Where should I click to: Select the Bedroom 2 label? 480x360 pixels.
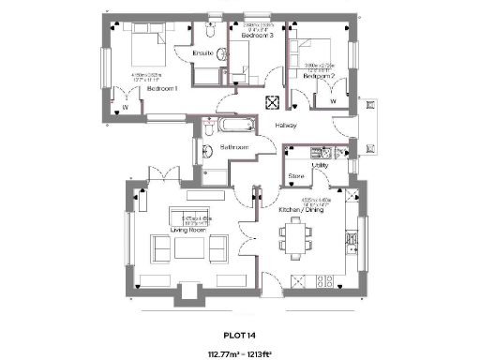click(x=319, y=74)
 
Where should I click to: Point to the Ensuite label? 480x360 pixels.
click(x=202, y=53)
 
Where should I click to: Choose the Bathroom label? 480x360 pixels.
click(x=233, y=148)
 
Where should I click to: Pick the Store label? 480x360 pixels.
click(x=296, y=175)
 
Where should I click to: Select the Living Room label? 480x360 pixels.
click(x=187, y=230)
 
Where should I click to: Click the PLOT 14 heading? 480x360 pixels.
click(x=239, y=332)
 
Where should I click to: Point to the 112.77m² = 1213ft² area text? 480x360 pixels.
click(x=239, y=354)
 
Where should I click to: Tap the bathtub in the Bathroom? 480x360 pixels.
click(x=232, y=124)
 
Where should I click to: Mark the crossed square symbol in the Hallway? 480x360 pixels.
click(x=273, y=105)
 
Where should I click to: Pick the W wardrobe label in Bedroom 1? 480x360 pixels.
click(x=125, y=107)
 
